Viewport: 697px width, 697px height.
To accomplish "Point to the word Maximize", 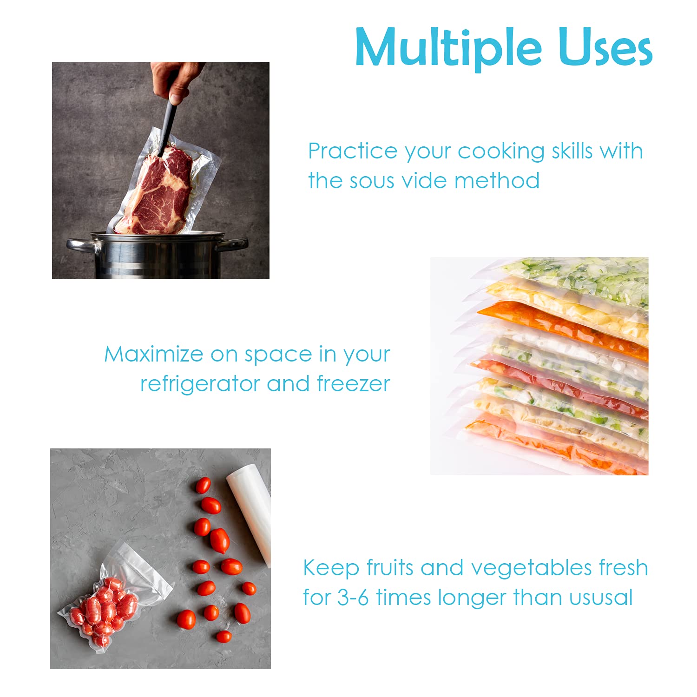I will pos(153,355).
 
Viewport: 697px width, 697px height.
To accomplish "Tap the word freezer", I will pos(353,384).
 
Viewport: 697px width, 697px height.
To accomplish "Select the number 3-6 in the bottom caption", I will pos(353,598).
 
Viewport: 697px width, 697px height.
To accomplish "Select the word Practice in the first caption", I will pos(353,151).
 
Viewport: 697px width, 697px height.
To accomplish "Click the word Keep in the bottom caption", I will pos(331,568).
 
